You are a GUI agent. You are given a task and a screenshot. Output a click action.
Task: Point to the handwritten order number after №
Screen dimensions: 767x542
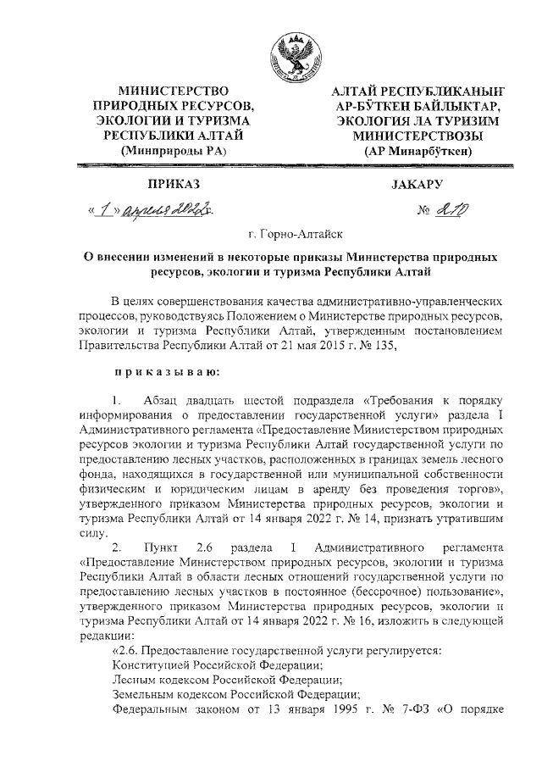447,208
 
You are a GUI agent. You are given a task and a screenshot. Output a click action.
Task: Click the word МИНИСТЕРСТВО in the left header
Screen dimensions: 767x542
174,90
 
